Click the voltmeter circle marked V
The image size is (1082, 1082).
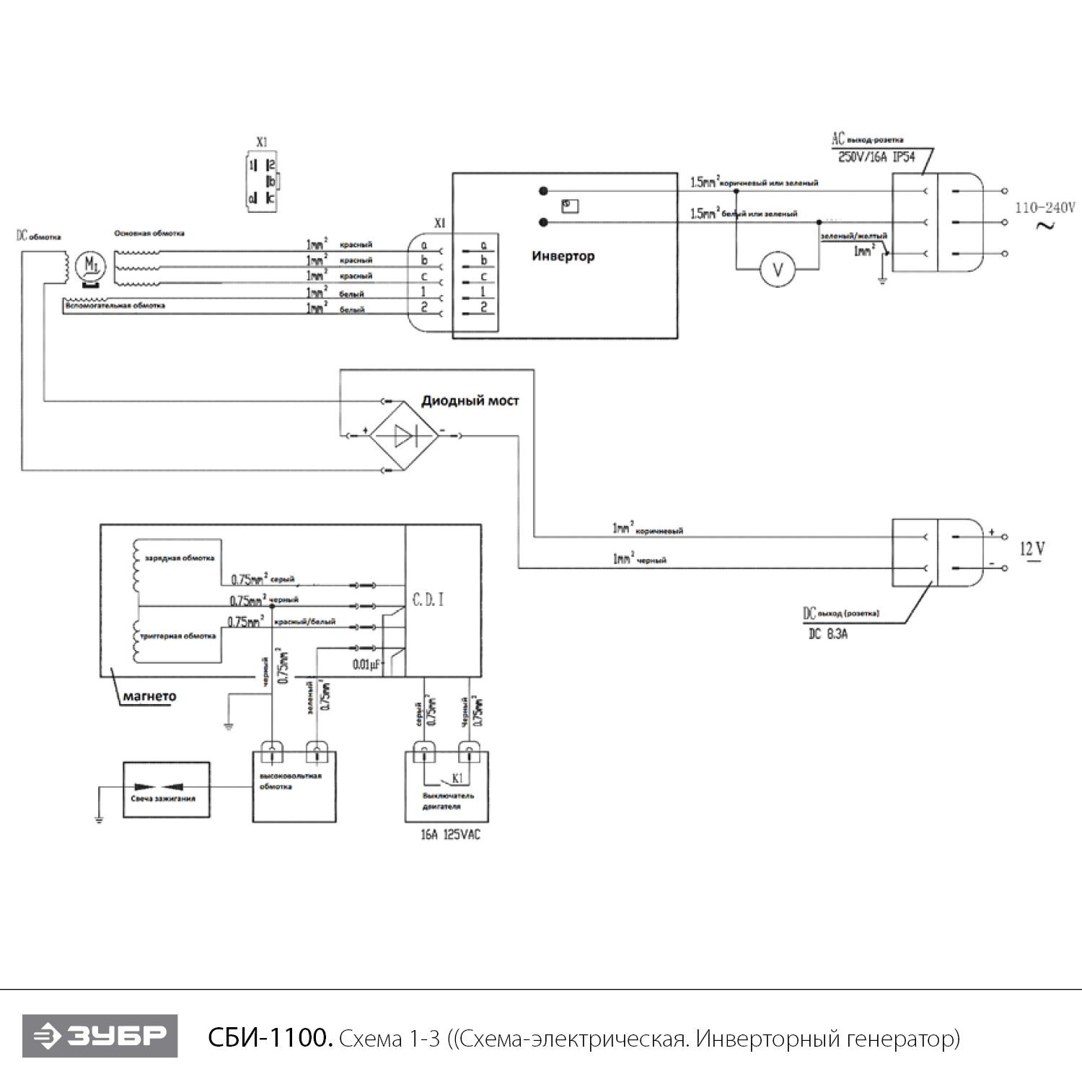tap(778, 270)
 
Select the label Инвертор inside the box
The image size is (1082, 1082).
tap(563, 256)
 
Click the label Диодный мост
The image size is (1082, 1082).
tap(470, 401)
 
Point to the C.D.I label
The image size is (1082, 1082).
tap(428, 600)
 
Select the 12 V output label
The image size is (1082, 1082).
tap(1032, 550)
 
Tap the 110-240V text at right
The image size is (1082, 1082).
tap(1044, 208)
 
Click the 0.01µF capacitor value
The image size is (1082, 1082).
tap(366, 664)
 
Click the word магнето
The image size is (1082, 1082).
tap(149, 697)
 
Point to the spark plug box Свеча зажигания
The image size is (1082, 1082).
tap(167, 790)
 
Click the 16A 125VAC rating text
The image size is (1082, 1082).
tap(450, 835)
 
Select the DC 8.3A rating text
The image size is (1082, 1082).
tap(827, 635)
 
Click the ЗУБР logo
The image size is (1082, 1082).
tap(100, 1037)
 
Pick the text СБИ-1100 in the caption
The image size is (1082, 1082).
tap(270, 1039)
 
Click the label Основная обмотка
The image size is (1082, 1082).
tap(149, 234)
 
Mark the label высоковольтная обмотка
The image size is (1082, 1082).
tap(290, 781)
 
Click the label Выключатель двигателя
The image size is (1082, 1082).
tap(447, 801)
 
